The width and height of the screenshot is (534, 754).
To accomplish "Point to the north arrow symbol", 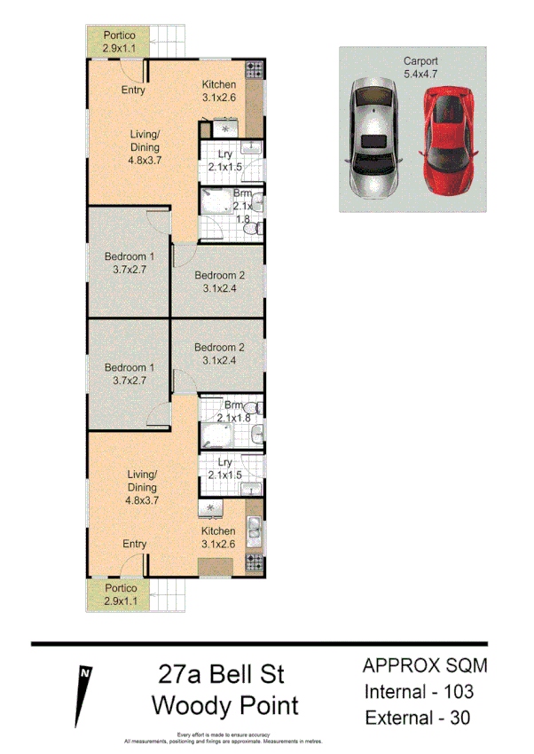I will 84,692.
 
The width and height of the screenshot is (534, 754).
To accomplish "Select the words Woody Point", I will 224,706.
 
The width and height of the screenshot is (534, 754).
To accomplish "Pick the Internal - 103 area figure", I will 419,692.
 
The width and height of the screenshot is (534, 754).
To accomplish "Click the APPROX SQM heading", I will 425,665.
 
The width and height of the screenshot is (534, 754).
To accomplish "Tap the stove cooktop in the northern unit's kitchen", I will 255,68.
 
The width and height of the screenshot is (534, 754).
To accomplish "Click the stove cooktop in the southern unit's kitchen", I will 255,562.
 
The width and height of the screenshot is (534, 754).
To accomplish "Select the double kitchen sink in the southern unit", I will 255,530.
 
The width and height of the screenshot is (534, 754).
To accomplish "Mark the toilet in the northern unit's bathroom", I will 254,229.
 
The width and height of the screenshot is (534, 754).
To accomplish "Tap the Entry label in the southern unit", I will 135,544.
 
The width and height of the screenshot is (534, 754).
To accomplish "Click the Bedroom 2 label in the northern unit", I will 219,281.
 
